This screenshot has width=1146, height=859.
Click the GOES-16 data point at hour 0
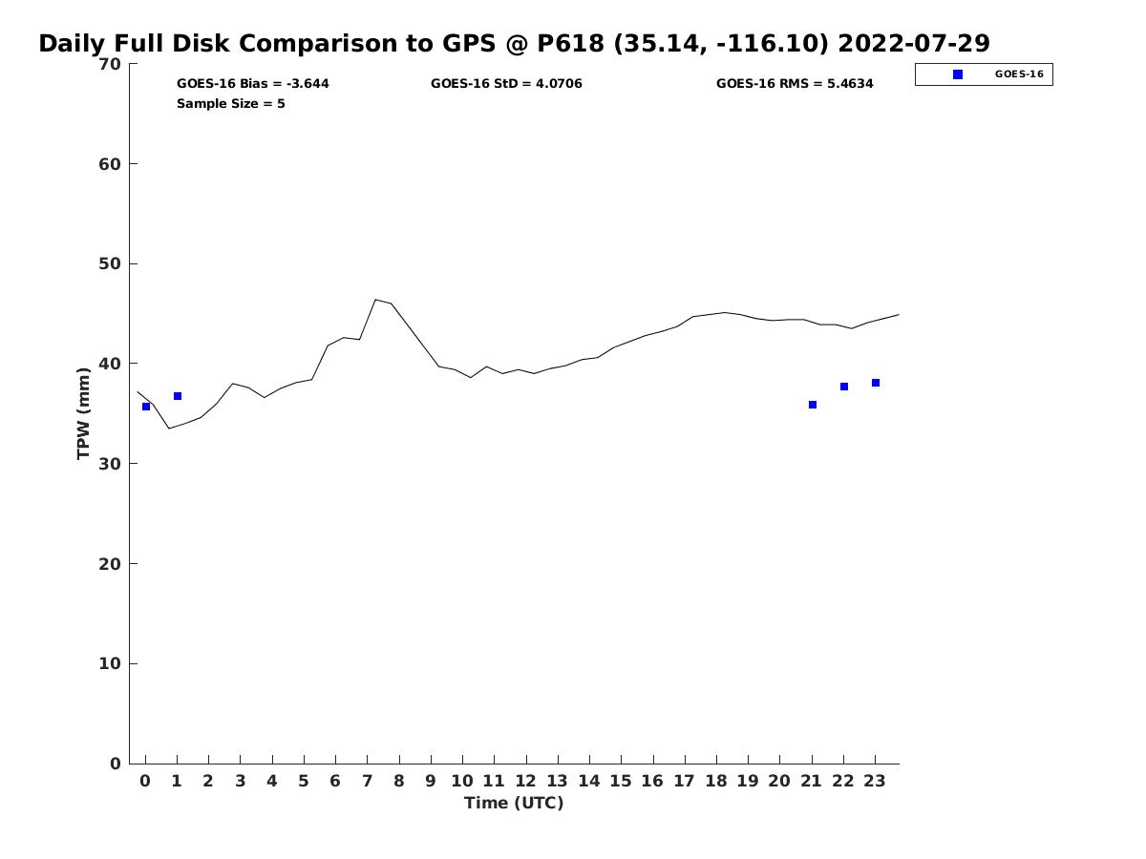click(146, 407)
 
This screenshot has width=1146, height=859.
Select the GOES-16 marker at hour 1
click(178, 396)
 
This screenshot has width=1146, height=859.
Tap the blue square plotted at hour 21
click(813, 405)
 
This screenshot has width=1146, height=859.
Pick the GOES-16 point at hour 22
click(844, 387)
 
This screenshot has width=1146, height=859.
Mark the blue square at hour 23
click(876, 383)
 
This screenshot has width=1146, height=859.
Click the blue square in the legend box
click(958, 74)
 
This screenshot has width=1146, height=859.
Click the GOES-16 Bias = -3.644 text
click(252, 84)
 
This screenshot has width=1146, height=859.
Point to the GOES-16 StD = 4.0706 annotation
click(506, 84)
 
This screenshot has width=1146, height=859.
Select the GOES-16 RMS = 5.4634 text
click(795, 84)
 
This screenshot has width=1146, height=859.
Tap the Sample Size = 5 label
click(230, 104)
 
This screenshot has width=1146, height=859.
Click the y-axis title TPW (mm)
click(84, 413)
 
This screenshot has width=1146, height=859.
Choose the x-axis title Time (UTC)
click(514, 803)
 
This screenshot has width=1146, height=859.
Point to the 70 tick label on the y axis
click(110, 64)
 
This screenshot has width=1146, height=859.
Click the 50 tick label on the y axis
click(110, 263)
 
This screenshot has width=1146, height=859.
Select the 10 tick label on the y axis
click(110, 663)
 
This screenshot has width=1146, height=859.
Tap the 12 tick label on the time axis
click(525, 781)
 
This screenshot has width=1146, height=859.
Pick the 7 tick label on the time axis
click(367, 781)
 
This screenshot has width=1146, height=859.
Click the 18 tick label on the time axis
click(715, 781)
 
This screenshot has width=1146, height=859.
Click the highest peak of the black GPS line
click(375, 300)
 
